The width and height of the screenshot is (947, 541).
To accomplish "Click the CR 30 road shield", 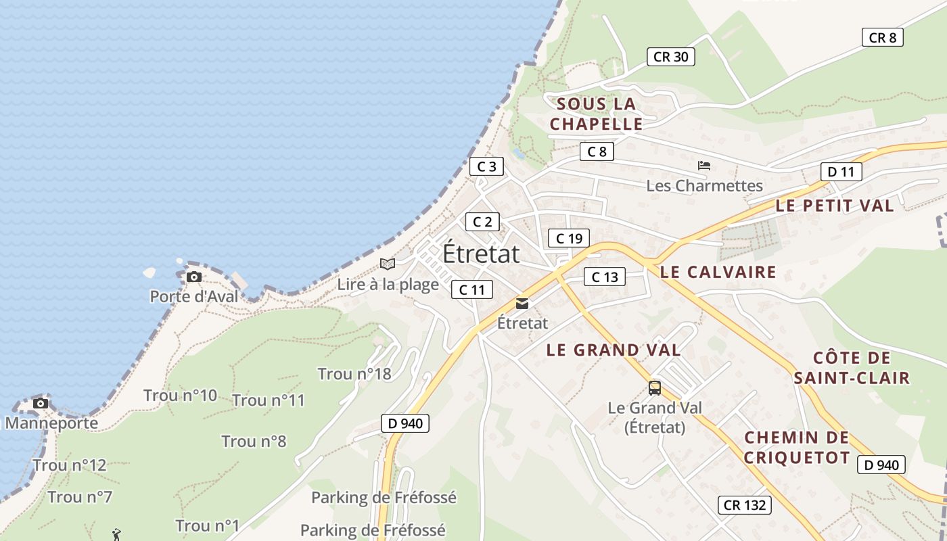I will [x=670, y=57].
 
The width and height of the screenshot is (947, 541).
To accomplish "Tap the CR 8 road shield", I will [x=882, y=37].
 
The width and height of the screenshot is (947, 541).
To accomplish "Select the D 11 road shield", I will [x=841, y=172].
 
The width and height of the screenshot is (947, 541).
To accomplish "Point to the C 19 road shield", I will [x=569, y=238].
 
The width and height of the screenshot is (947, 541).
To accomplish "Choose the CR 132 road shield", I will [x=744, y=504].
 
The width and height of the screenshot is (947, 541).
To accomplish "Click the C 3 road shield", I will [x=486, y=166].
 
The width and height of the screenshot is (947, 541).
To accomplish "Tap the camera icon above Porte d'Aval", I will [x=194, y=277].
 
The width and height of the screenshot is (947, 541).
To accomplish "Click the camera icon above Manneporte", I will [x=41, y=403].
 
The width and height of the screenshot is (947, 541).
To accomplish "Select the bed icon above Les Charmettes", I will [x=704, y=165].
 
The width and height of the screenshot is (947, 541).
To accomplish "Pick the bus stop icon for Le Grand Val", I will [x=654, y=387].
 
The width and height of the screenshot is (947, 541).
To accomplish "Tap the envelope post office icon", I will [x=522, y=304].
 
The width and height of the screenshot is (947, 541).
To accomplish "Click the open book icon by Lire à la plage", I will [x=388, y=264].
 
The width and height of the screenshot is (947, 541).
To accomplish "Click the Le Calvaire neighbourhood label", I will [x=718, y=273].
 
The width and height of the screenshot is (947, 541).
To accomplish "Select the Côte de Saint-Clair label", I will [x=852, y=368].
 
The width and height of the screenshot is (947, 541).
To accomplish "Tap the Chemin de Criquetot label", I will [x=797, y=448].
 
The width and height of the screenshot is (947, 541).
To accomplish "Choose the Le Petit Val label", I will [x=835, y=206].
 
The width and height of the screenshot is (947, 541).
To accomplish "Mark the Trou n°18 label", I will [x=354, y=374].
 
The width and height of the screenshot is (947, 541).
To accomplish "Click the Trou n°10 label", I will [x=180, y=396].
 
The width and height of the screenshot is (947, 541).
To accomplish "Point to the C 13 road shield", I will [x=605, y=277].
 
